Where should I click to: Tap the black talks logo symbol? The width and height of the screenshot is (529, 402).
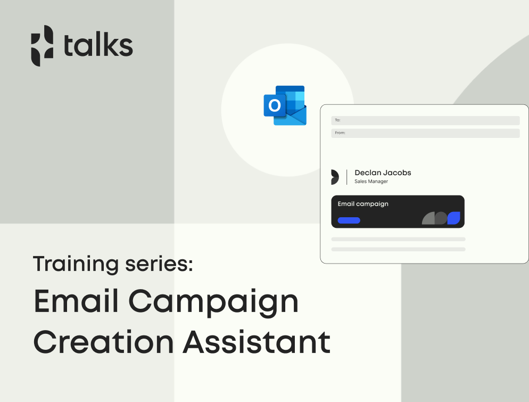pyautogui.click(x=42, y=46)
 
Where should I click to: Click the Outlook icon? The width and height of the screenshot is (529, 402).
pyautogui.click(x=285, y=105)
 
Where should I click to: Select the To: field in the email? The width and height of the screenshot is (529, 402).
pyautogui.click(x=425, y=120)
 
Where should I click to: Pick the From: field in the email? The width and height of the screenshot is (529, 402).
pyautogui.click(x=425, y=133)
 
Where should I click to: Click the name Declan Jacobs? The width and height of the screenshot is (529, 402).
pyautogui.click(x=383, y=173)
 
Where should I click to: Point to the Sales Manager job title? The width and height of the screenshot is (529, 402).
pyautogui.click(x=371, y=181)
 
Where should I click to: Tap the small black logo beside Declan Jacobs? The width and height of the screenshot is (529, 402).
pyautogui.click(x=335, y=177)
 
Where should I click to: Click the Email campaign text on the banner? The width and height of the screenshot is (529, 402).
pyautogui.click(x=363, y=204)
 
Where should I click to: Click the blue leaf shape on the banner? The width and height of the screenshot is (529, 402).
pyautogui.click(x=454, y=218)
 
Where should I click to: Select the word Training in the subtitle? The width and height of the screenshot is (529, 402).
pyautogui.click(x=76, y=264)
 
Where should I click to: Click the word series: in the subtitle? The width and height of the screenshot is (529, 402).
pyautogui.click(x=159, y=264)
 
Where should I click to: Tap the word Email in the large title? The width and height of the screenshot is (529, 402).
pyautogui.click(x=76, y=300)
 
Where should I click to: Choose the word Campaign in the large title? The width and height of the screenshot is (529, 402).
pyautogui.click(x=213, y=303)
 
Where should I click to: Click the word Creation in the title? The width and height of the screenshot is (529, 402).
pyautogui.click(x=104, y=342)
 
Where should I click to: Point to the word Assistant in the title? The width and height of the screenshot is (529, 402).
pyautogui.click(x=257, y=342)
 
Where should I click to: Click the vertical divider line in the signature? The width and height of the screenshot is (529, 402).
pyautogui.click(x=347, y=177)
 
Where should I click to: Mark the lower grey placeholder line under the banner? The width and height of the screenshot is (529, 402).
pyautogui.click(x=399, y=249)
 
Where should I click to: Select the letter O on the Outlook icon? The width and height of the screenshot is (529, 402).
pyautogui.click(x=275, y=105)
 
